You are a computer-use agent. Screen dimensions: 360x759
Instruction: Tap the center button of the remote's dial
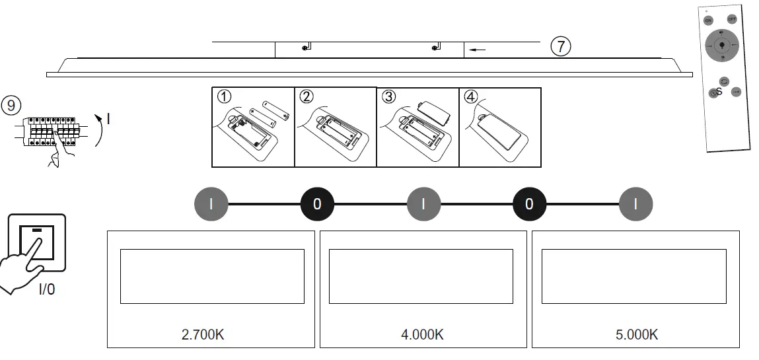[721, 46]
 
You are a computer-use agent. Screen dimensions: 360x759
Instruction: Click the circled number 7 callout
[560, 47]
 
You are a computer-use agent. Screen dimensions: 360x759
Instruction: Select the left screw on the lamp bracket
[305, 48]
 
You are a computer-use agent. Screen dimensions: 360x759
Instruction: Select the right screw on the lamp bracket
[435, 48]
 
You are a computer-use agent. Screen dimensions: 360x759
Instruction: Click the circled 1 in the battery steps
[224, 97]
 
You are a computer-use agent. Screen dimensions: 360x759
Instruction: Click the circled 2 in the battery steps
[306, 97]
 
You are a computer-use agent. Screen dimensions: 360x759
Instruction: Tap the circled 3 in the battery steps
[388, 97]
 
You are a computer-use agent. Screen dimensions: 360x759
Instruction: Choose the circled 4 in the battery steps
[470, 97]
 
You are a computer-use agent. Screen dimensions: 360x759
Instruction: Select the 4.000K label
[422, 334]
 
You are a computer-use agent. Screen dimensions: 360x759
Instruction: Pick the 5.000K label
[636, 334]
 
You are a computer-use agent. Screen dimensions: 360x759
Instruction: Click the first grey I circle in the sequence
[211, 203]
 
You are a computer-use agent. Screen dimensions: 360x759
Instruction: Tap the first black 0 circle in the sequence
[317, 203]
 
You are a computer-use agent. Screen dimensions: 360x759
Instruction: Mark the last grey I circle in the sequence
[635, 203]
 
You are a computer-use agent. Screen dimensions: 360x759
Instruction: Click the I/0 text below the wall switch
[46, 289]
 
